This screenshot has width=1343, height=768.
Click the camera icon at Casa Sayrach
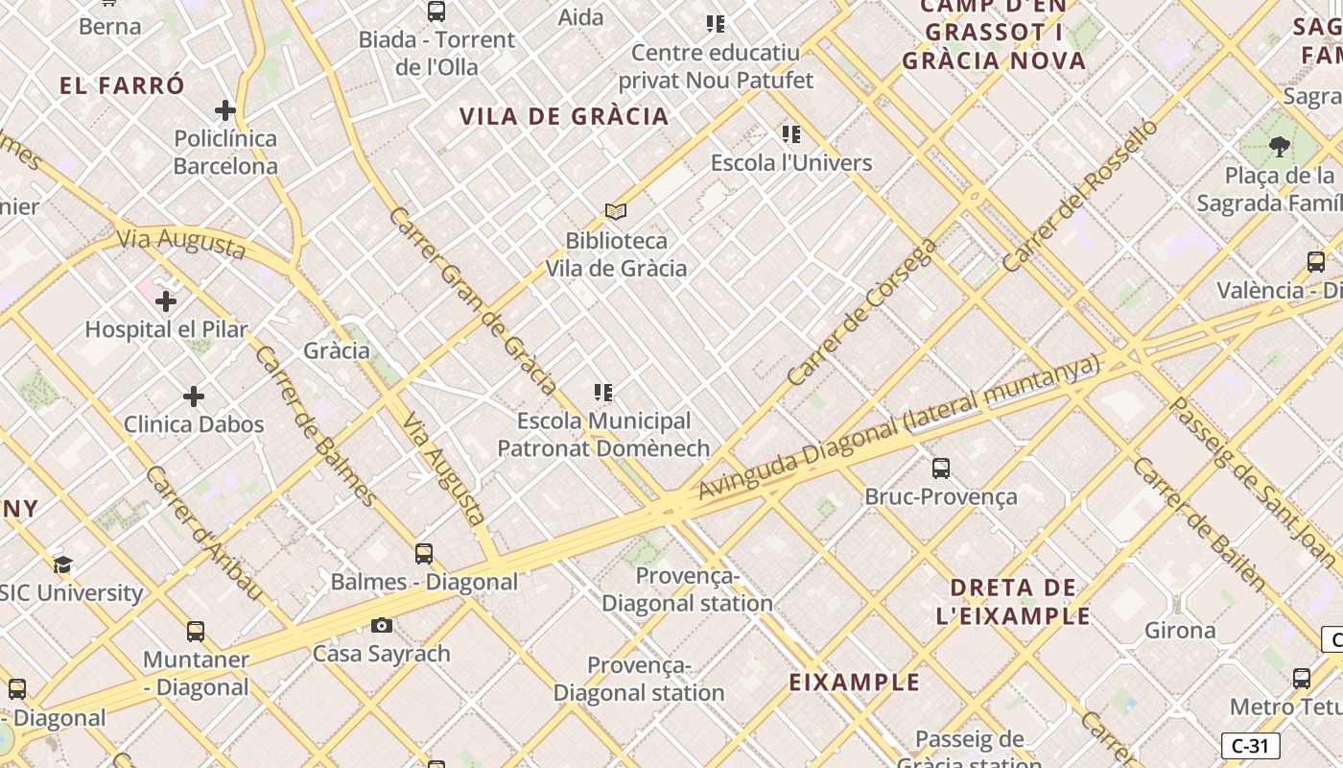[382, 626]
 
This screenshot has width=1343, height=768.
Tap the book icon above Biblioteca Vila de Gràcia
[616, 211]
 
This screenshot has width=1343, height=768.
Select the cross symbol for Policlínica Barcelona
[225, 110]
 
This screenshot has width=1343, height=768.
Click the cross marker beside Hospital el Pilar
[166, 301]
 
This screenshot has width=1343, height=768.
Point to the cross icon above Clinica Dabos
[194, 396]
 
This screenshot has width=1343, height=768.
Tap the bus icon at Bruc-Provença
[941, 468]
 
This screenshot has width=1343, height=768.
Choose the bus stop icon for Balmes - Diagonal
[424, 554]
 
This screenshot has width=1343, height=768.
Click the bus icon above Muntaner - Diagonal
[196, 632]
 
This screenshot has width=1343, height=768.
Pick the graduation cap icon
[63, 564]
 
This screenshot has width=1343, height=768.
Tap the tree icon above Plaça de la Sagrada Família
[1279, 147]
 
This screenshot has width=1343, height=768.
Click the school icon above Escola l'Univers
[791, 134]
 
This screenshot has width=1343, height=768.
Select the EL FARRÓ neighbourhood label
[122, 85]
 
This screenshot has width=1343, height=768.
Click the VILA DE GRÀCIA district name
[564, 117]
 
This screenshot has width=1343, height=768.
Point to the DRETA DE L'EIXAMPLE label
[1013, 602]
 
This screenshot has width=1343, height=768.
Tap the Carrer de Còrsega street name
[860, 313]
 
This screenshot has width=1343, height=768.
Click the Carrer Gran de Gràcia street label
[473, 300]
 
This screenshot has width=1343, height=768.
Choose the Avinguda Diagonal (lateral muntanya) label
[898, 427]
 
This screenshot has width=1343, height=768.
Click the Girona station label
[1180, 631]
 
